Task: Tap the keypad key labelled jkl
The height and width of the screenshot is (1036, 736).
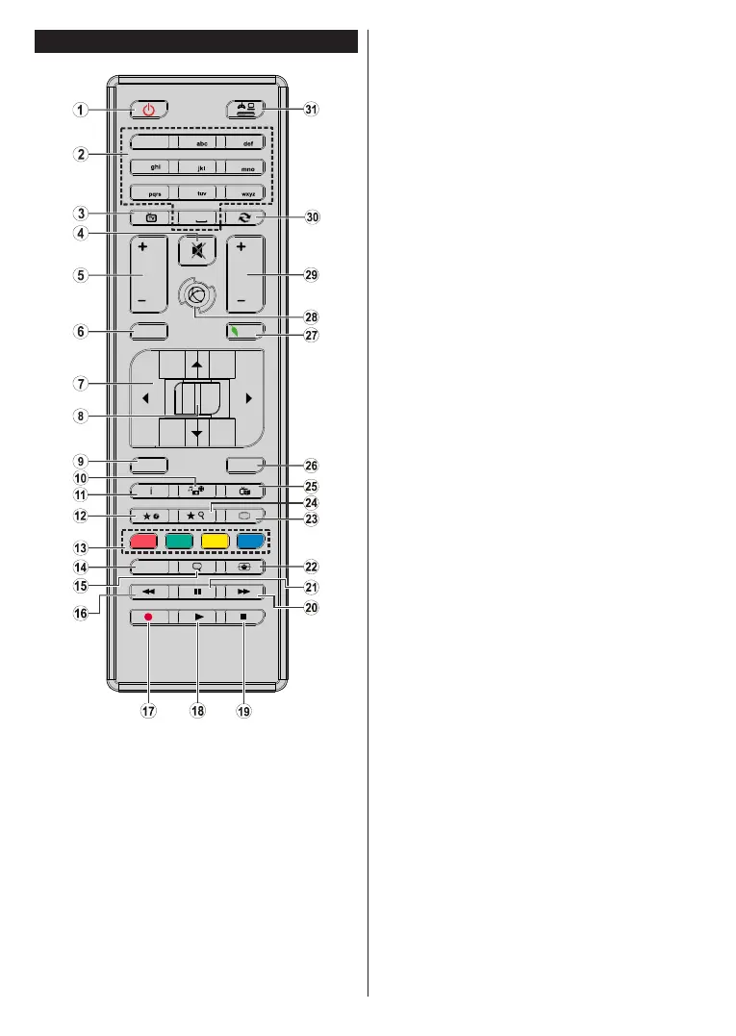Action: tap(197, 165)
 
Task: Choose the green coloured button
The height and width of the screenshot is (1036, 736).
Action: tap(180, 540)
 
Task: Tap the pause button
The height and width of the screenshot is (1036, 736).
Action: tap(197, 593)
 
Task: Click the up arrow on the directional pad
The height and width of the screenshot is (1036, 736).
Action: tap(196, 364)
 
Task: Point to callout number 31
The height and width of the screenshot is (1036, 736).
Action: tap(311, 110)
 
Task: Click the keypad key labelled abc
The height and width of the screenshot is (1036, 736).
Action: tap(197, 140)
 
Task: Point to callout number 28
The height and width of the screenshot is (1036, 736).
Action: tap(311, 316)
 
